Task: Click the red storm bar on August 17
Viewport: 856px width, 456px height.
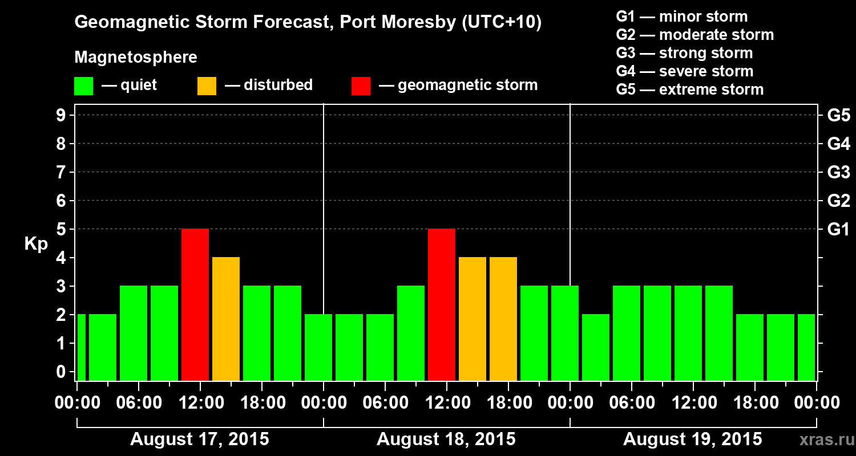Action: [195, 304]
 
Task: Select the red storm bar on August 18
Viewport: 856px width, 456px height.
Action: [442, 304]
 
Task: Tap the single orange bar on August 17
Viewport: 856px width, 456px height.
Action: [226, 319]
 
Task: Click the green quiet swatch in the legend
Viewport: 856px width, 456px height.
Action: [83, 86]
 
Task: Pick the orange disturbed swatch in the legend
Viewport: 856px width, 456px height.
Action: [207, 86]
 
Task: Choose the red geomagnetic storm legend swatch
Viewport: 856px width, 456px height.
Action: [361, 86]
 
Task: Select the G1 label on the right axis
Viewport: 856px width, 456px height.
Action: [838, 230]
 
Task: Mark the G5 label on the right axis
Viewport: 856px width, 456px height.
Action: [838, 116]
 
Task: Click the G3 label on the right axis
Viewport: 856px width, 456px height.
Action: [838, 173]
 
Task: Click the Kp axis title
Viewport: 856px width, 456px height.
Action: [36, 244]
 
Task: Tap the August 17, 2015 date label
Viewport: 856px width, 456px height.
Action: [200, 439]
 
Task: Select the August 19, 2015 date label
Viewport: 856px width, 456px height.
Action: [692, 439]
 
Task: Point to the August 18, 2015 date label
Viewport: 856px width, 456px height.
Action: [446, 439]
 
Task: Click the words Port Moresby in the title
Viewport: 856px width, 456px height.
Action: [398, 23]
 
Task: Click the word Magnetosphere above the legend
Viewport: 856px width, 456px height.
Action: [136, 58]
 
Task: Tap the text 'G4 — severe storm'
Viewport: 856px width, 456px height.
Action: [685, 71]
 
